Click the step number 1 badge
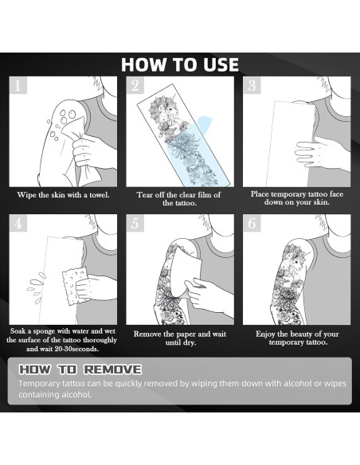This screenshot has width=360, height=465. click(18, 85)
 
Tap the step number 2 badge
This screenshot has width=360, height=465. click(135, 85)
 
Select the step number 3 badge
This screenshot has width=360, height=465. click(252, 85)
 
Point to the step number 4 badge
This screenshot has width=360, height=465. click(18, 223)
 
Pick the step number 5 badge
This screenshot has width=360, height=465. click(135, 223)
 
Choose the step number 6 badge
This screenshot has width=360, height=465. click(252, 223)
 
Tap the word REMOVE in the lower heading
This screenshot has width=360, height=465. click(112, 369)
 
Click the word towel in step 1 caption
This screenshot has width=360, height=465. click(100, 195)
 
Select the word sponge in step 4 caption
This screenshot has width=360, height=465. click(43, 331)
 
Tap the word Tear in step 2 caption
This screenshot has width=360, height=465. click(143, 195)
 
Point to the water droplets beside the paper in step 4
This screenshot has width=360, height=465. click(36, 287)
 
